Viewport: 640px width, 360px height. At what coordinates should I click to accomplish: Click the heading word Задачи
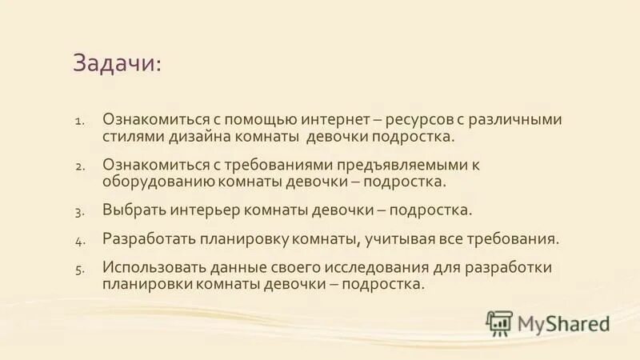(x=116, y=63)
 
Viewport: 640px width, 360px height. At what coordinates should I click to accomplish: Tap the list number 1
(x=79, y=122)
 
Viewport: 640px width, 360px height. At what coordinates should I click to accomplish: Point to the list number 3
(x=79, y=212)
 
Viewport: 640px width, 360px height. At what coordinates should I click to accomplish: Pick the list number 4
(x=79, y=241)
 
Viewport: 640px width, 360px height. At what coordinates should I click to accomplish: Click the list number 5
(x=79, y=270)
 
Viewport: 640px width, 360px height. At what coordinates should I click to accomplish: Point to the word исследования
(x=398, y=267)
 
